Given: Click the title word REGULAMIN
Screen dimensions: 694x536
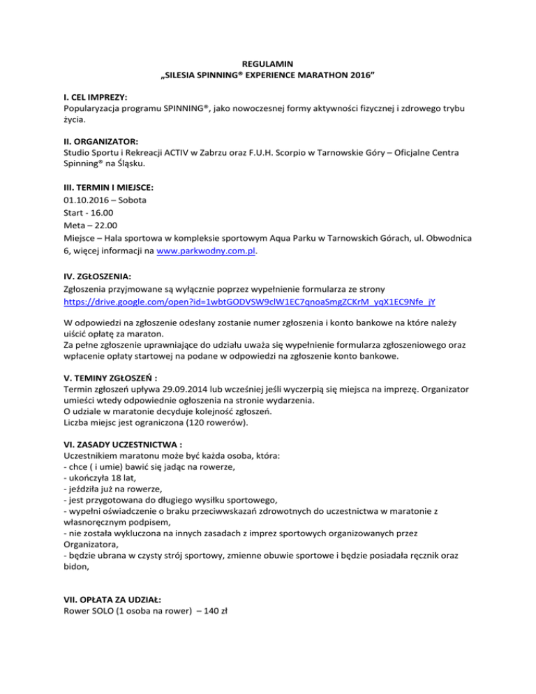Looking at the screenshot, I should [268, 64].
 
